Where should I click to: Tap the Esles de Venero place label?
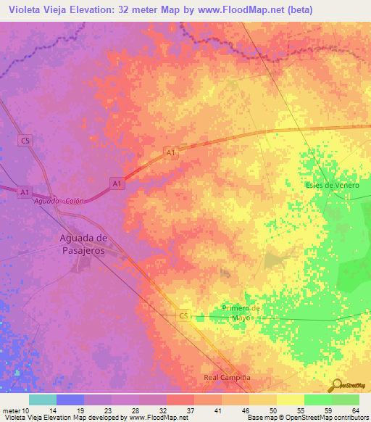pos(333,185)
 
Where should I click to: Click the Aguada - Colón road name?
pos(59,201)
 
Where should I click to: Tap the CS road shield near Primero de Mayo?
pos(183,315)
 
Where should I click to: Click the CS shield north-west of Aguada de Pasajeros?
pos(26,140)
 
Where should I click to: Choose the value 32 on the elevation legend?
pos(166,410)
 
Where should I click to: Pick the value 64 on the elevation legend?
pos(355,410)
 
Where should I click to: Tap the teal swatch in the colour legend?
pos(43,400)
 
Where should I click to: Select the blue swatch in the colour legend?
pos(70,400)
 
